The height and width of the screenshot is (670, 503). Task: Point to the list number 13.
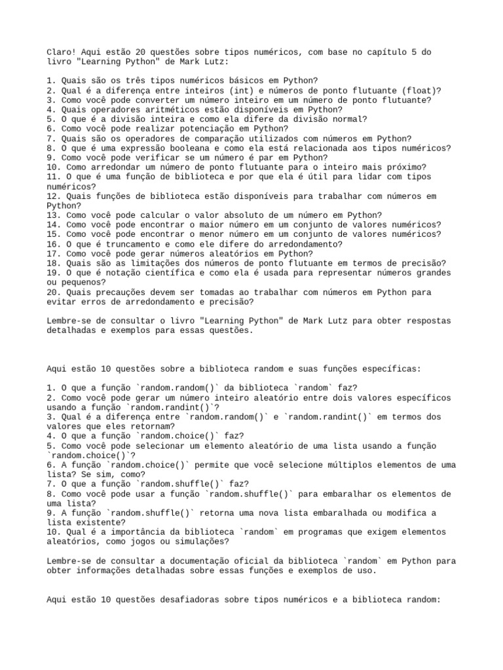tap(53, 215)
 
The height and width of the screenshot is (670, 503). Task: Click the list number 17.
tap(53, 254)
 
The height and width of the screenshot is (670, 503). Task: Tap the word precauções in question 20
tap(128, 292)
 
